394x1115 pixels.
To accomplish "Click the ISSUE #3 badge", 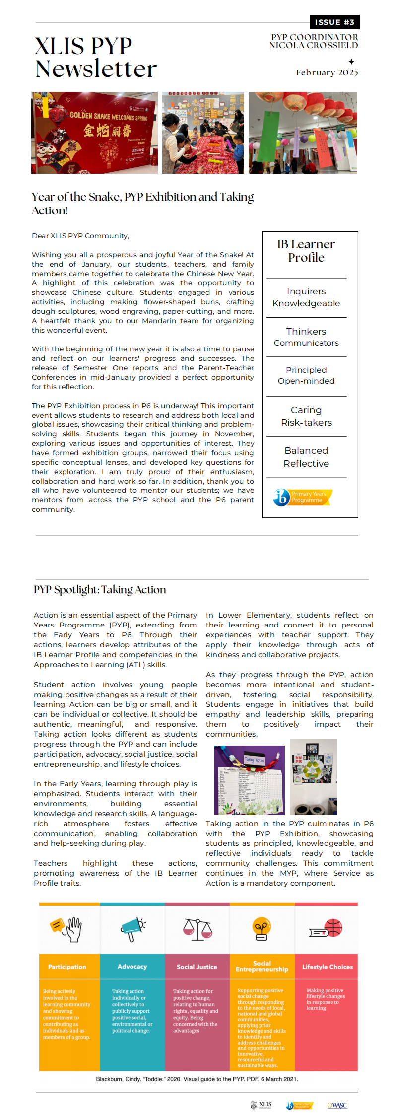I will coord(334,22).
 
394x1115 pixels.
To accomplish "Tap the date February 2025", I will coord(327,73).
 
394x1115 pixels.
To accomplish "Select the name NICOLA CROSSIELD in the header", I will coord(314,46).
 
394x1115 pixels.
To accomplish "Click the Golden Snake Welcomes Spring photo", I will coord(94,133).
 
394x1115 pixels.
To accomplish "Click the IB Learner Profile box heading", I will coord(306,251).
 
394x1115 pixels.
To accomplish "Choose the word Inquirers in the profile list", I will coord(306,291).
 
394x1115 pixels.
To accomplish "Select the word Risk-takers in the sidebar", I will coord(306,423).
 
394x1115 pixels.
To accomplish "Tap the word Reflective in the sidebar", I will coord(306,464).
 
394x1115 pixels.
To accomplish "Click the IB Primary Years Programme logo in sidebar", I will coord(303,497).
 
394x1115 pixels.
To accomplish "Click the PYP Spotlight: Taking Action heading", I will coord(100,590).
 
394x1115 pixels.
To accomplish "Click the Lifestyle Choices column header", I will coord(327,967).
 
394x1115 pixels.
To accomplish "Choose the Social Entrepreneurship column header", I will coord(262,966).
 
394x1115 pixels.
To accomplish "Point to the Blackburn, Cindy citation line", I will coord(197,1079).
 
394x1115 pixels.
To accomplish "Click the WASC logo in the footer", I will coord(337,1106).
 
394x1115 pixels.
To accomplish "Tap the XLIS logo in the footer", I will coord(261,1105).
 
